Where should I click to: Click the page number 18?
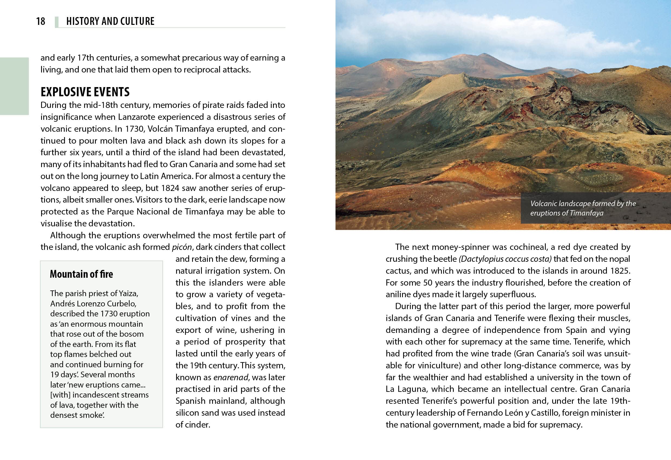point(41,21)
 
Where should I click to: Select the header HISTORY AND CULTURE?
point(110,21)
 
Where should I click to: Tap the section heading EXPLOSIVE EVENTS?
point(85,92)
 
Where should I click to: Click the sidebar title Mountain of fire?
point(81,274)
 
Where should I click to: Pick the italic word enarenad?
point(231,378)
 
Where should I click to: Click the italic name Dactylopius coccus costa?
point(505,259)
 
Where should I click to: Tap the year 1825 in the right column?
point(620,271)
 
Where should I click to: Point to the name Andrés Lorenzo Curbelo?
point(93,304)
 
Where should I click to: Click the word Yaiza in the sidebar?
point(129,293)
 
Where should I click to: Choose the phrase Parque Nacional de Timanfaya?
point(165,212)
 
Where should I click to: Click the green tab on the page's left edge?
point(14,86)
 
